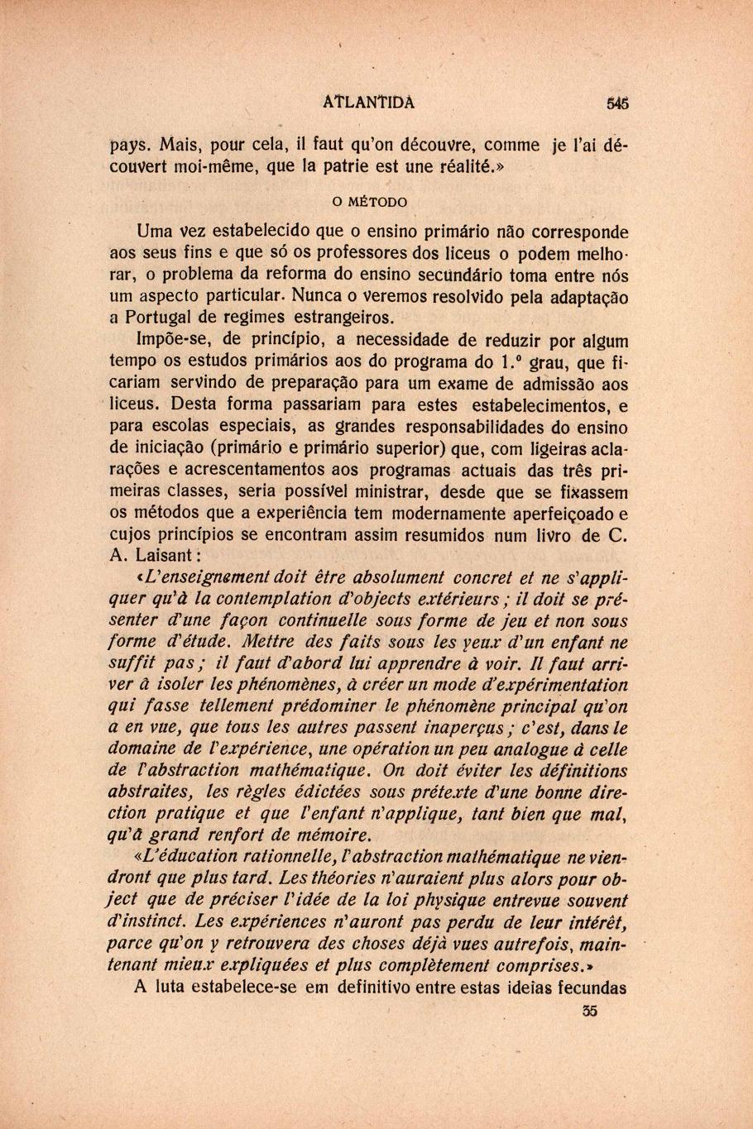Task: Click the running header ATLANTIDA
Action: tap(369, 103)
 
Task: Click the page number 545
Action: tap(617, 103)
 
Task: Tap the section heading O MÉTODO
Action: tap(369, 202)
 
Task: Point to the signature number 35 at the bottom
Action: tap(589, 1010)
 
